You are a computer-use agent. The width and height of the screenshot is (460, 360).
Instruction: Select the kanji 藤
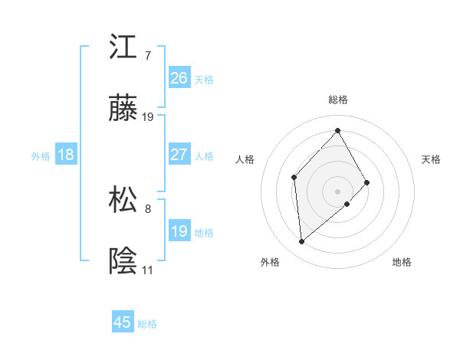tap(123, 110)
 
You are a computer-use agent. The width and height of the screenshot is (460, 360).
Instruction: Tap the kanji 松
tap(123, 201)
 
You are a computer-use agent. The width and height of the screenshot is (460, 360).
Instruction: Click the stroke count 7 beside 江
tap(147, 55)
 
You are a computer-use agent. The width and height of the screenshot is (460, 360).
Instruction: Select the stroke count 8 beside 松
tap(147, 208)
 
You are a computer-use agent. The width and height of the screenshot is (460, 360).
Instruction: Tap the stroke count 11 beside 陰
tap(147, 270)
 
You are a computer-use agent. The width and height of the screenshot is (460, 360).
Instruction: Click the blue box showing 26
tap(179, 78)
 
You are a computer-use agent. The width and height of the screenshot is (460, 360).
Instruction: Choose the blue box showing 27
tap(179, 155)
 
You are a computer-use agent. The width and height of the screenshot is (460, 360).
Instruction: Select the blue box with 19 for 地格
tap(179, 231)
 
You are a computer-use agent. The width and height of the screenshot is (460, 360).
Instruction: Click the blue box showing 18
tap(66, 155)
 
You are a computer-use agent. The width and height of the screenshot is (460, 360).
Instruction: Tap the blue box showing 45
tap(123, 322)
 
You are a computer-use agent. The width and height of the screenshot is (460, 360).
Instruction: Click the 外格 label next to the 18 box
tap(41, 156)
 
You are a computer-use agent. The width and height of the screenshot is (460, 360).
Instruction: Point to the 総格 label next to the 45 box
tap(147, 324)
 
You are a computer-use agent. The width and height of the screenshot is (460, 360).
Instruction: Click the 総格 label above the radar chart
tap(338, 100)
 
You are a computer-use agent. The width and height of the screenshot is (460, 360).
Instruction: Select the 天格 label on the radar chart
tap(432, 159)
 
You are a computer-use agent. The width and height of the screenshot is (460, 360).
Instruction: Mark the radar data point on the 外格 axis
tap(302, 242)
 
